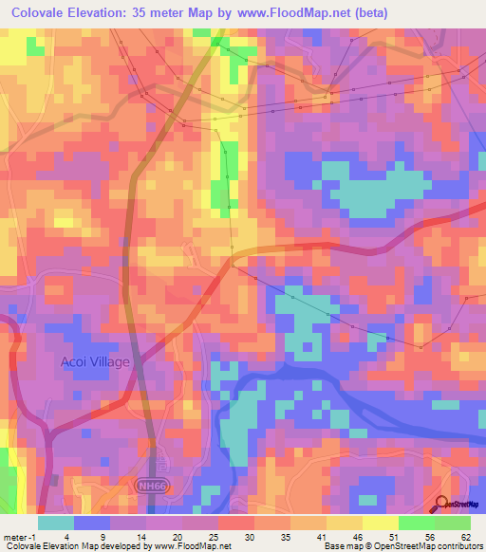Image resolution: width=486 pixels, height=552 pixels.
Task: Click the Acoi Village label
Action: [x=94, y=361]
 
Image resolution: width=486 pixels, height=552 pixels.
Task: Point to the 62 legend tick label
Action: [x=466, y=537]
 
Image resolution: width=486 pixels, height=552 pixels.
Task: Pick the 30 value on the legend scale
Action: [x=250, y=537]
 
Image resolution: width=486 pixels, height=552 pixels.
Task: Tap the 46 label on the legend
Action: [x=358, y=537]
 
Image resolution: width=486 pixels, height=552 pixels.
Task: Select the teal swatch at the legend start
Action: [x=56, y=523]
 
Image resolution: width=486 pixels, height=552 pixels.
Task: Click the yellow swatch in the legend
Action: [x=381, y=523]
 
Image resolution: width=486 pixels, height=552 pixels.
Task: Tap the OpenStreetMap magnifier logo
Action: [x=442, y=506]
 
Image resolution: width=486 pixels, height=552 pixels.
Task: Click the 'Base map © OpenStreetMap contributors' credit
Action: [x=402, y=546]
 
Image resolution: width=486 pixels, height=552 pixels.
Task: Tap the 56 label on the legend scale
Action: [x=429, y=537]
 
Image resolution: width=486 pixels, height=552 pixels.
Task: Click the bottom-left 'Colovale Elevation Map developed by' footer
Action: [x=75, y=546]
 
